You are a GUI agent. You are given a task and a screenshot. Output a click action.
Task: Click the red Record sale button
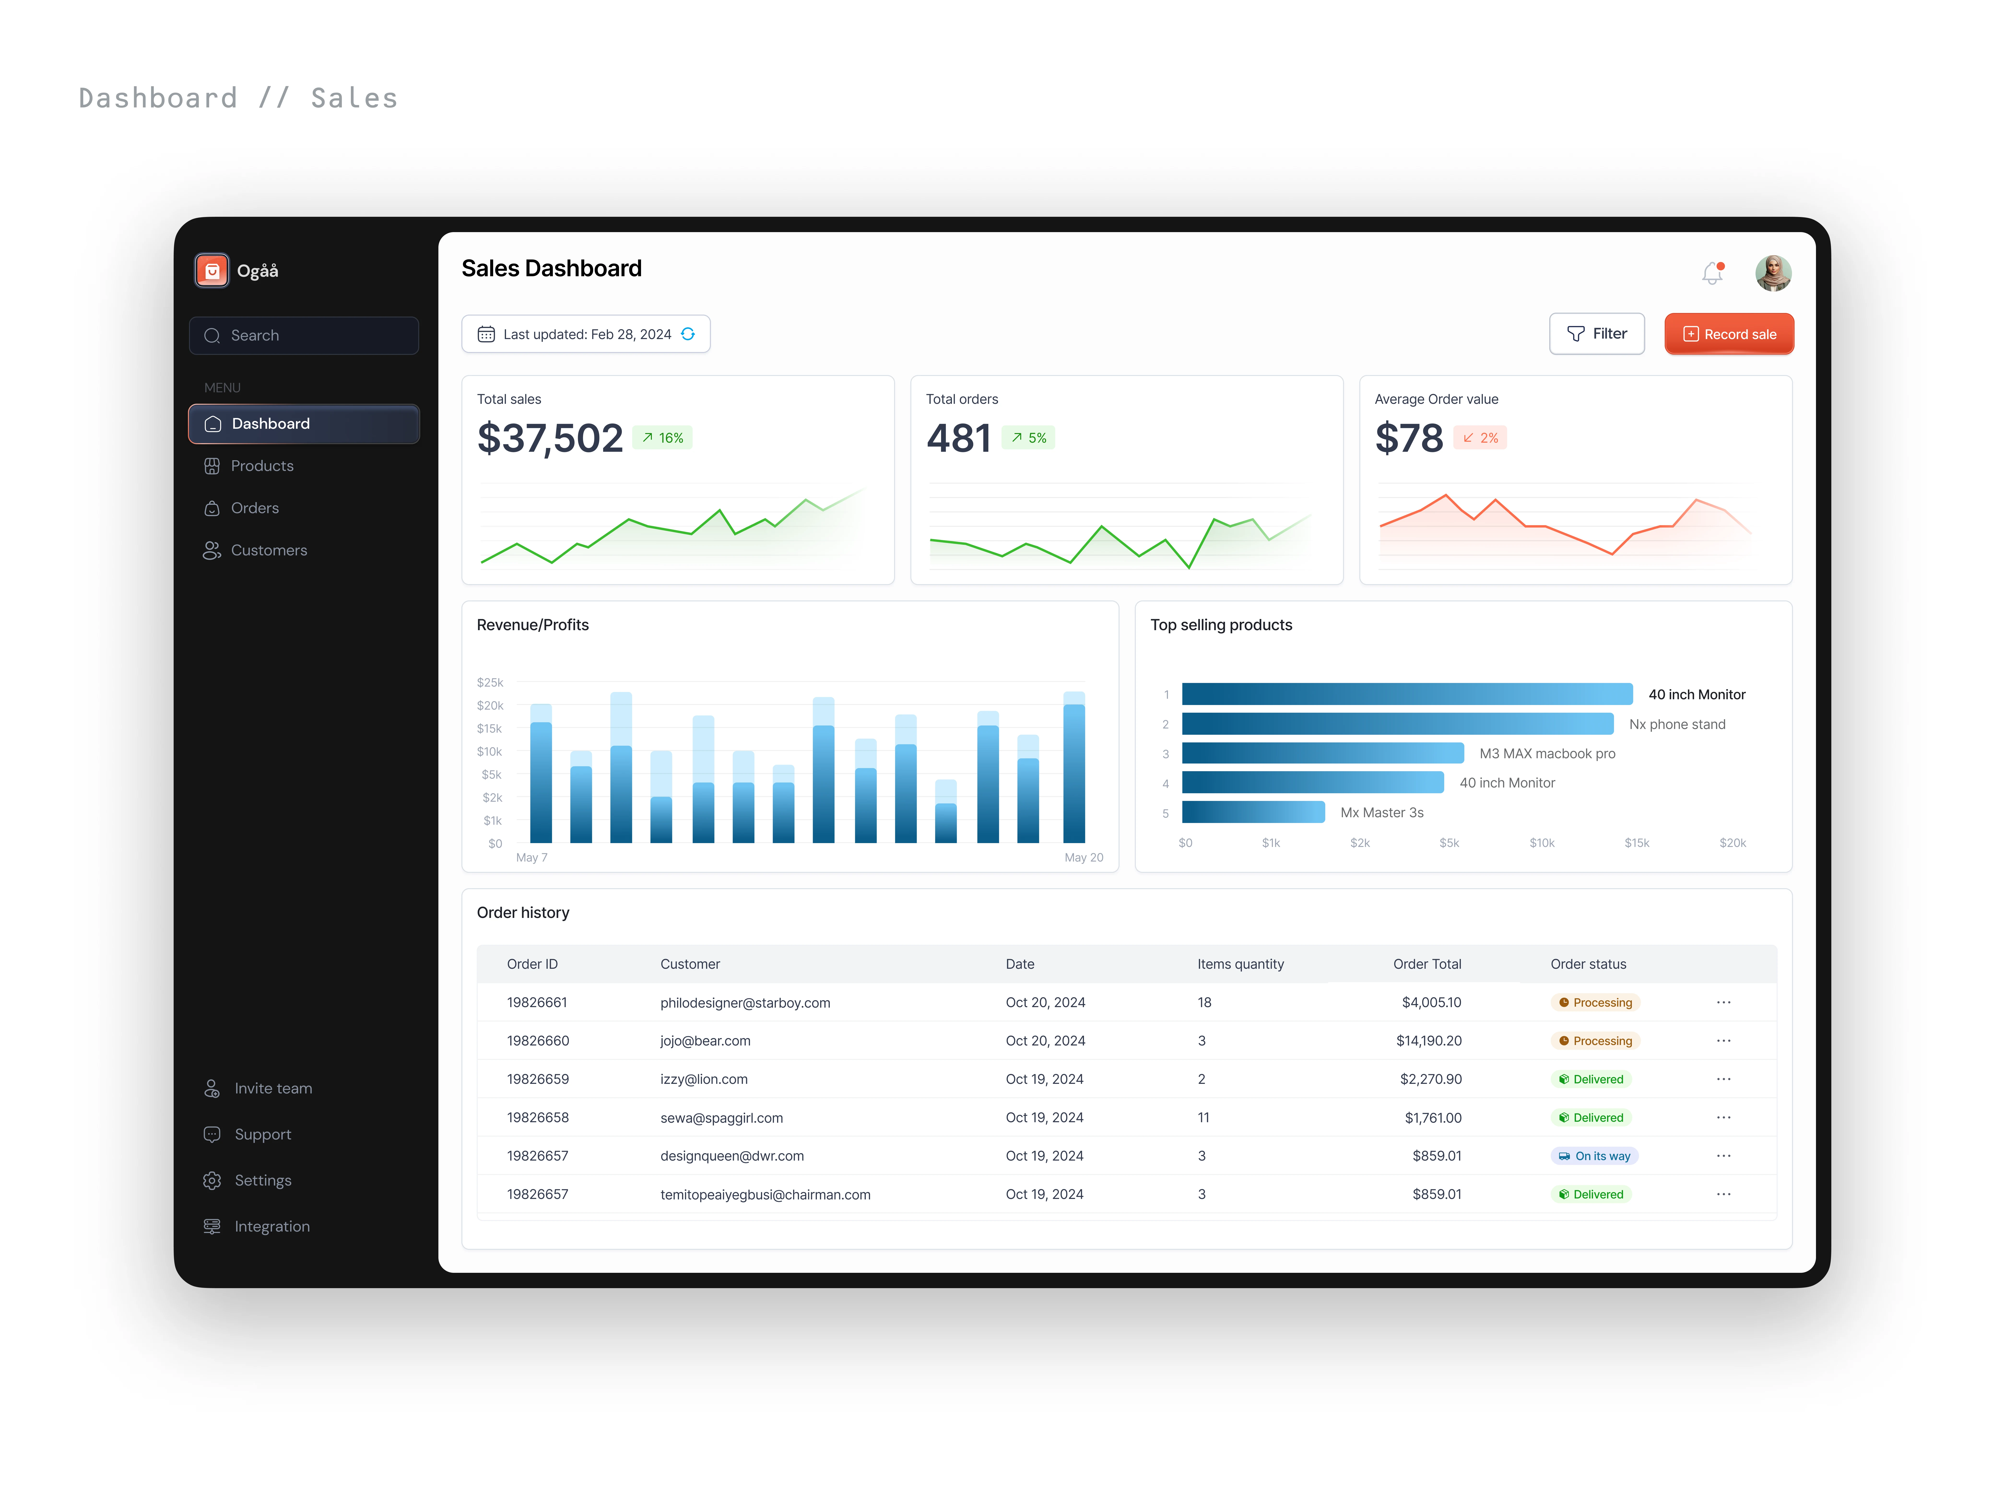1729,334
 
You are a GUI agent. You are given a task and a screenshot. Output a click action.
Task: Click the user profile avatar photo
1773,273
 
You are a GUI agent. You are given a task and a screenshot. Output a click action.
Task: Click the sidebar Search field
303,335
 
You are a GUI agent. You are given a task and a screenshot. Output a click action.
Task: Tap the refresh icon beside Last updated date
689,334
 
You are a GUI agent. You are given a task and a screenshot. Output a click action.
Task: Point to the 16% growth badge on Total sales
662,438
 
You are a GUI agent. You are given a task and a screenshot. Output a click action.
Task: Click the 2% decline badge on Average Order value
1480,438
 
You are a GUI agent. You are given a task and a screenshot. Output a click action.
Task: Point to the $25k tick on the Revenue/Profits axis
490,682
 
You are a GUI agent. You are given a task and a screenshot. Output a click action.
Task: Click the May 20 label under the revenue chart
1084,857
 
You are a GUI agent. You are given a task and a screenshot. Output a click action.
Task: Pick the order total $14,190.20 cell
1429,1041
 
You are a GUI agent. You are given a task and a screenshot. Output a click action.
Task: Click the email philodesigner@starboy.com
745,1003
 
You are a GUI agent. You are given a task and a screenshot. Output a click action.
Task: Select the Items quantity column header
1240,964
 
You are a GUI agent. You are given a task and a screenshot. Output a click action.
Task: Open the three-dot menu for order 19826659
1723,1079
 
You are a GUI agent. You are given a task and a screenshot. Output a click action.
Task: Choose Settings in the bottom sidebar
263,1180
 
